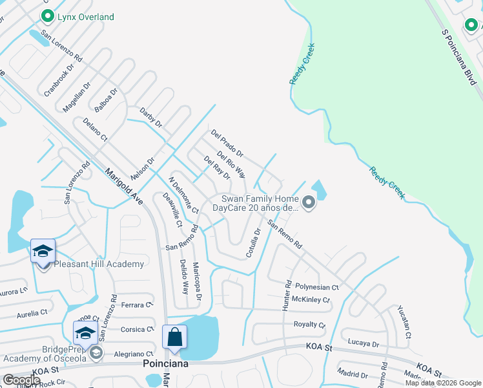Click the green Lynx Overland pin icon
coord(46,16)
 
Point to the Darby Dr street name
coord(150,116)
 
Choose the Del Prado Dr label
coord(227,144)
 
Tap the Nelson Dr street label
coord(143,171)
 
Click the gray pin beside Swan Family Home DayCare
coord(309,204)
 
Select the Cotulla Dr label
coord(253,243)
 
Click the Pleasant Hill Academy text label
coord(99,264)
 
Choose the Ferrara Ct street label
coord(134,304)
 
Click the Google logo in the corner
coord(22,380)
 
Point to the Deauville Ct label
coord(173,210)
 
